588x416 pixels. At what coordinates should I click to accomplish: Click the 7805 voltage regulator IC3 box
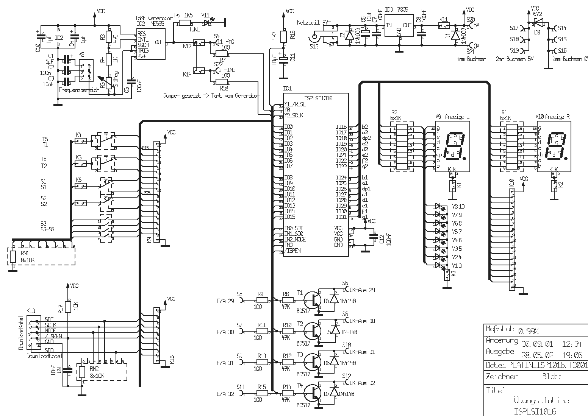(x=399, y=26)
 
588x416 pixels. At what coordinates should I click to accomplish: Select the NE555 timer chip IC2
(x=150, y=45)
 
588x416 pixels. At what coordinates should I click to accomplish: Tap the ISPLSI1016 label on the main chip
(x=318, y=98)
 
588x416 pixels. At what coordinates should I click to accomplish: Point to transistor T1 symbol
(x=313, y=299)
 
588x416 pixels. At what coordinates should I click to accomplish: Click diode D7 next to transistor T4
(x=334, y=393)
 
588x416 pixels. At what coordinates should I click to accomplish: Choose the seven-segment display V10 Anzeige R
(x=554, y=146)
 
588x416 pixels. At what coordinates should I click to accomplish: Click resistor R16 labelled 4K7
(x=283, y=35)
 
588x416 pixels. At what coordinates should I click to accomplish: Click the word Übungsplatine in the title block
(x=541, y=400)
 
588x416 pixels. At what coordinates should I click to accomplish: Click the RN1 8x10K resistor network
(x=41, y=257)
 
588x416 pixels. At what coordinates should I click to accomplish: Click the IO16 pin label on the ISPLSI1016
(x=341, y=127)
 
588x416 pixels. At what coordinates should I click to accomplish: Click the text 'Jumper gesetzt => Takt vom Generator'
(x=211, y=96)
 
